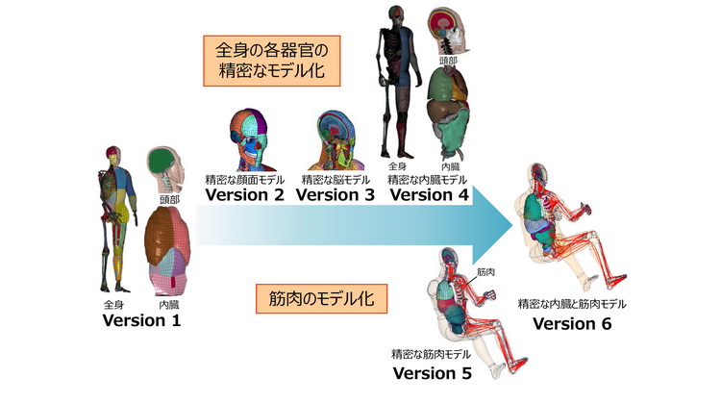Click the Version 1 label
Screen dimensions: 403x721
(141, 320)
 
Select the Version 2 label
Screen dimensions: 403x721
(245, 194)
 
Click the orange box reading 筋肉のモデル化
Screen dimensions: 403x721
(322, 300)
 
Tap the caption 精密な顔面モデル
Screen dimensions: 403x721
(245, 179)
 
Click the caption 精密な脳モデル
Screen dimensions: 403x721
(336, 179)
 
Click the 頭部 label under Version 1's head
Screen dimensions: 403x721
(171, 201)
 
